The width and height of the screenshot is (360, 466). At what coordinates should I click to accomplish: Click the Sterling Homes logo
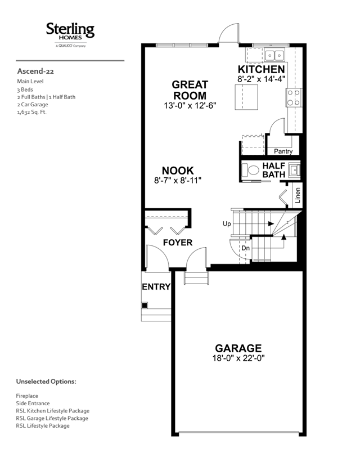pos(70,35)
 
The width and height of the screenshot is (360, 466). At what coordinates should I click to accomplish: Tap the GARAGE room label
pos(238,348)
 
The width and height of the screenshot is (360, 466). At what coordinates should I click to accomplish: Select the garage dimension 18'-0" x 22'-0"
pos(238,358)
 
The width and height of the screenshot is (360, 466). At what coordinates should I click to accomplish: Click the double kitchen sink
pos(274,55)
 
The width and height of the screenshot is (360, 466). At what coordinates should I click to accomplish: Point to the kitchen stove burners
pos(294,98)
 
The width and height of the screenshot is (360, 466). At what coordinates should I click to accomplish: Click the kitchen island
pos(246,97)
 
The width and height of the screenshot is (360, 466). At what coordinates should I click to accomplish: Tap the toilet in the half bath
pos(250,171)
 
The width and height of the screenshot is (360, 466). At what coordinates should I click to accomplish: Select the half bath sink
pos(294,171)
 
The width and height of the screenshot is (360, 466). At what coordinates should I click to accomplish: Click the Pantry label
pos(283,151)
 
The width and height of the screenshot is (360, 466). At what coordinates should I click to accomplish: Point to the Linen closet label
pos(298,195)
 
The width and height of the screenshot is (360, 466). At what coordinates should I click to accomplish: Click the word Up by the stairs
pos(227,224)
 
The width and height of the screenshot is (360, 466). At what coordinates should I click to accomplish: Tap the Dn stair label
pos(245,248)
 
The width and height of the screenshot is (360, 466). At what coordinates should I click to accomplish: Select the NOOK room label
pos(178,171)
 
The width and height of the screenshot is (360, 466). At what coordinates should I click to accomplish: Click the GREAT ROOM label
pos(190,90)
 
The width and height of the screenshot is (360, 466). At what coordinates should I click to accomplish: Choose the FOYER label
pos(178,243)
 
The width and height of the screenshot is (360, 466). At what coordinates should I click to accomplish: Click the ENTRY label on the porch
pos(156,287)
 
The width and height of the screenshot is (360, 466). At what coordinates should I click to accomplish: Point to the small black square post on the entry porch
pos(145,305)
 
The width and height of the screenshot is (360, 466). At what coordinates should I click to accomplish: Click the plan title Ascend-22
pos(35,71)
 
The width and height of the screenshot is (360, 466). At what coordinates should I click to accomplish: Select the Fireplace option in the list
pos(27,396)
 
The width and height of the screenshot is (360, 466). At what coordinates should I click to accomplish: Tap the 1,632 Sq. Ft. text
pos(32,112)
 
